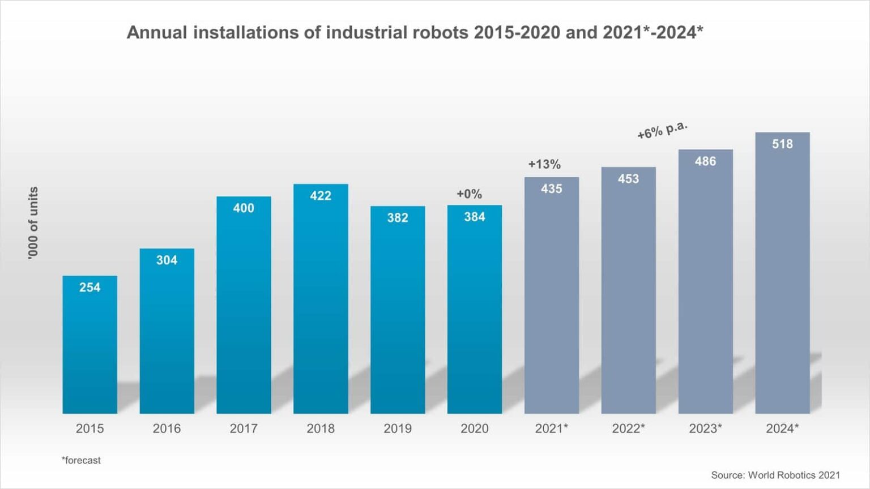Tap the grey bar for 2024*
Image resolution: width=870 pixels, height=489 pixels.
point(782,277)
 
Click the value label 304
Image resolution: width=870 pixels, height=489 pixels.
point(167,260)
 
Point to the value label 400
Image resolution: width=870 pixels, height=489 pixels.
point(244,208)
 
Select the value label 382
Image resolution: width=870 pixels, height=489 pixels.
point(398,218)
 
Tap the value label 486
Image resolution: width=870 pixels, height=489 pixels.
point(705,161)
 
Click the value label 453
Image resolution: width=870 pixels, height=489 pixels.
point(628,179)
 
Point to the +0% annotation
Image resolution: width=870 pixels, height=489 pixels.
point(469,194)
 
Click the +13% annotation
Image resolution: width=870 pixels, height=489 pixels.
point(544,164)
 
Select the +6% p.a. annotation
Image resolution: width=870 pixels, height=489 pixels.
point(662,130)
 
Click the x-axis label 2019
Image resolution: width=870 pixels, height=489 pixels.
point(398,428)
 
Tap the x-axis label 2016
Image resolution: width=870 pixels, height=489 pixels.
point(167,428)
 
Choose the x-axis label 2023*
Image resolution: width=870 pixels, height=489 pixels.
point(705,428)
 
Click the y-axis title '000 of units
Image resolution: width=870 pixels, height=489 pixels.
point(33,223)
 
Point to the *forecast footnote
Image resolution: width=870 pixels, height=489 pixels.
point(81,461)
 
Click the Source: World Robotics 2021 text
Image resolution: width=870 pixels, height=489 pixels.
point(775,475)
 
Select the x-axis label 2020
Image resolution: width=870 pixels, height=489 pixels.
point(475,428)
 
